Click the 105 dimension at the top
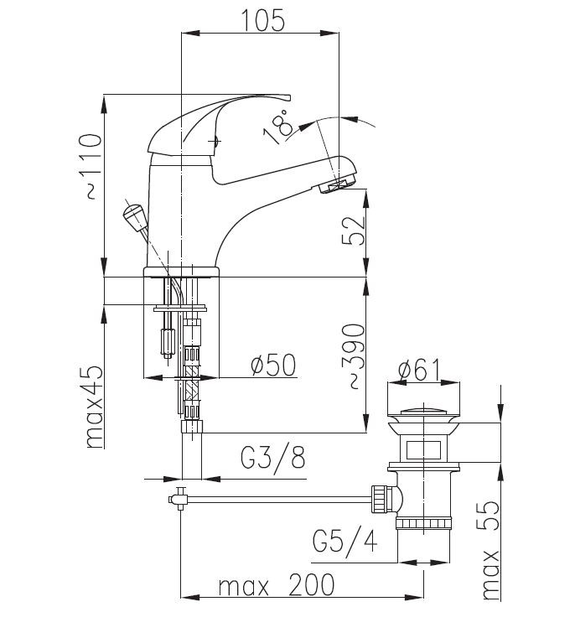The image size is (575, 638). point(262,20)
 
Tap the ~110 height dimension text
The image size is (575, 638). point(90,166)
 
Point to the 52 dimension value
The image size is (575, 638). point(352,231)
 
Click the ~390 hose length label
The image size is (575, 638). point(353,356)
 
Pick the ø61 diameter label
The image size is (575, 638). point(420,370)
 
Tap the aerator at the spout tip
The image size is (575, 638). point(337,185)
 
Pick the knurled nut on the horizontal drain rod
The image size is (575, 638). point(381,500)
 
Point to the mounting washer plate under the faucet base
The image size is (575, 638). point(180,309)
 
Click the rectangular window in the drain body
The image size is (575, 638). point(423,449)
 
